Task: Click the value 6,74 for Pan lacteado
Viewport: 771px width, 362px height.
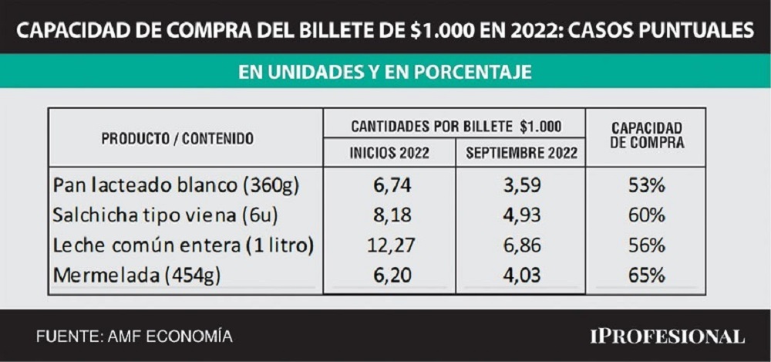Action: (389, 186)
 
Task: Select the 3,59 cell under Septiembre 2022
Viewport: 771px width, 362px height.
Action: (521, 186)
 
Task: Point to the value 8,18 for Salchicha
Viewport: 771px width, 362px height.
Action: (389, 215)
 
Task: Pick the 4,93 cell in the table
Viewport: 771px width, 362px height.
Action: (521, 215)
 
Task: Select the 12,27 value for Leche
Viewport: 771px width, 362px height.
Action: (389, 245)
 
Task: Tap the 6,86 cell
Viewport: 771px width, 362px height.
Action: (521, 245)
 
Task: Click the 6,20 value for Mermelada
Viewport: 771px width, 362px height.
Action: (389, 274)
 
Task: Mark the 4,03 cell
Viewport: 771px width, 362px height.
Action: (521, 274)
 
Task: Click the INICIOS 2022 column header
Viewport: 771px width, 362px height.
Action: (389, 153)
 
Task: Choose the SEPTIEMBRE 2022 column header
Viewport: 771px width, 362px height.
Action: (521, 153)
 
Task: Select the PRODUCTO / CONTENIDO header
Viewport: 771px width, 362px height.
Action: (177, 138)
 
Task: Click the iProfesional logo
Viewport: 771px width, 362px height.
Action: (667, 337)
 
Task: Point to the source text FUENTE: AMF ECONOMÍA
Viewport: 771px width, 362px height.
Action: (134, 337)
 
